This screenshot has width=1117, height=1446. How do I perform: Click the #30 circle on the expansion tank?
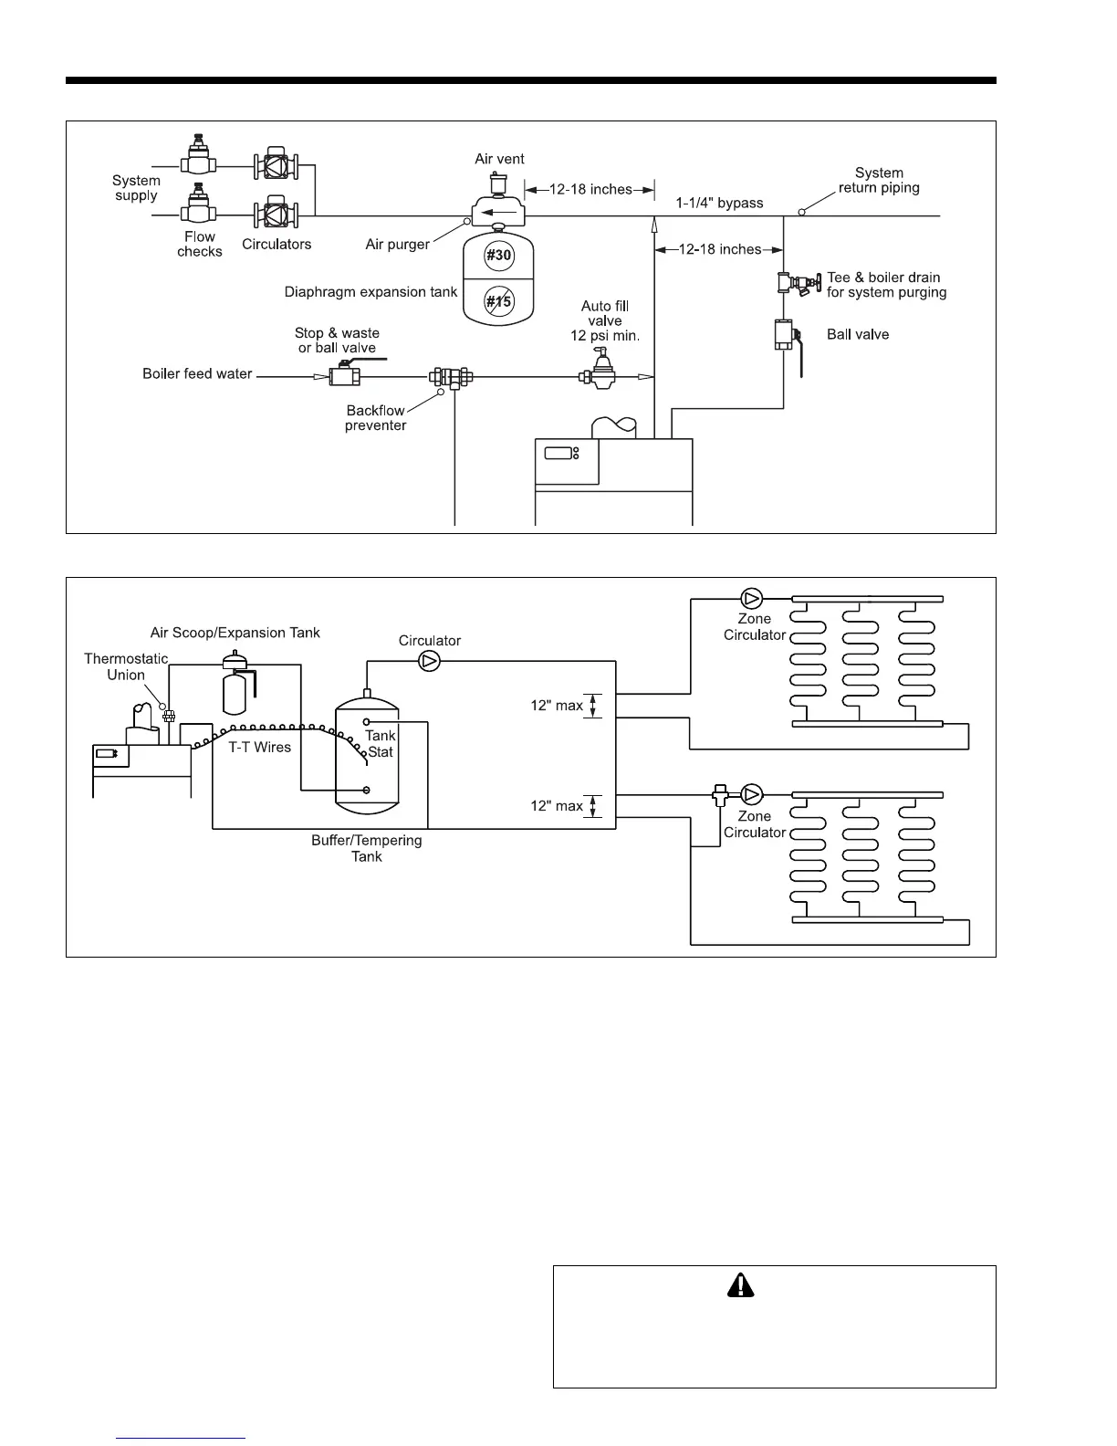[x=498, y=256]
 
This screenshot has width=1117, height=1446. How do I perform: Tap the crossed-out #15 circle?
[x=498, y=301]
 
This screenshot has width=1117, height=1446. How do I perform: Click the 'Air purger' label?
[x=397, y=245]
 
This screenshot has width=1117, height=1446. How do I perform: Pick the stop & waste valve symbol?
[x=345, y=375]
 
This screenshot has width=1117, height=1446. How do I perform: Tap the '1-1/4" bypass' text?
[x=719, y=203]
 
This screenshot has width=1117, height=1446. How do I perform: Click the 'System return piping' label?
[x=879, y=181]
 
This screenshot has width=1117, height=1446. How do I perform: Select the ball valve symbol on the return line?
[x=785, y=335]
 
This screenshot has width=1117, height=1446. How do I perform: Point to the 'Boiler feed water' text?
[x=197, y=373]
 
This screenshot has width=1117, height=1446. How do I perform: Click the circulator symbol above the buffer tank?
[x=429, y=661]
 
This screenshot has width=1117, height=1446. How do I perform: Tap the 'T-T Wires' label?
[x=259, y=747]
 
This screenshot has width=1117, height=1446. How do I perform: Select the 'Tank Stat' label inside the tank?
[x=381, y=743]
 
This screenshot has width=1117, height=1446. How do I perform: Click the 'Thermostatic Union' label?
[x=126, y=666]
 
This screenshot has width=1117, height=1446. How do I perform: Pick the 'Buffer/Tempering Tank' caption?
[x=367, y=848]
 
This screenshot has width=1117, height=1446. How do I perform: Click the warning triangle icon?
[x=741, y=1285]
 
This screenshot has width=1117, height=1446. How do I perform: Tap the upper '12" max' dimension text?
[x=557, y=706]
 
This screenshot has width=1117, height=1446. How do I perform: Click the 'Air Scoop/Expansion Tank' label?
[x=235, y=633]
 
